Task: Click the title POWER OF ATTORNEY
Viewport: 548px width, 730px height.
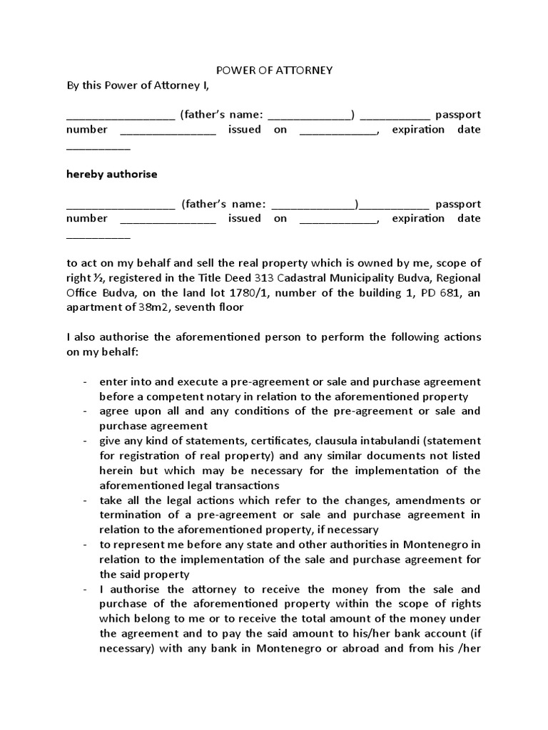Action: (x=274, y=71)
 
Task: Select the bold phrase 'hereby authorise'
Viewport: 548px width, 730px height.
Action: (x=111, y=174)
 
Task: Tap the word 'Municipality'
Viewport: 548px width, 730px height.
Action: (x=369, y=277)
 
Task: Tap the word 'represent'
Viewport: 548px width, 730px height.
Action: (x=137, y=545)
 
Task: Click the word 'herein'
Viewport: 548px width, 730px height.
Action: (x=116, y=471)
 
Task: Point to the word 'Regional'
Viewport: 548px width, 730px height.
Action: (x=457, y=277)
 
